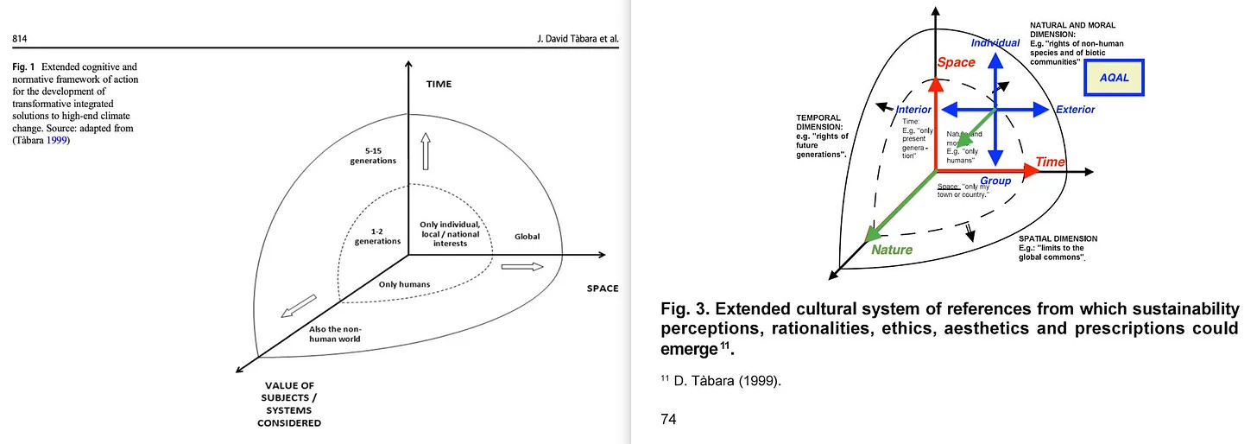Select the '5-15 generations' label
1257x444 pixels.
click(x=373, y=155)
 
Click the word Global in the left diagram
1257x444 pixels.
click(x=527, y=235)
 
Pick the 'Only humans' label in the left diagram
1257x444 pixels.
click(x=405, y=283)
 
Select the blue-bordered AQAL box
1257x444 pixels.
click(x=1113, y=78)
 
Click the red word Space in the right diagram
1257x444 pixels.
click(x=956, y=62)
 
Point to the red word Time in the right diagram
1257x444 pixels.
click(x=1050, y=162)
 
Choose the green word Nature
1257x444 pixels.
click(x=892, y=250)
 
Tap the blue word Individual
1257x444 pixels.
click(x=995, y=42)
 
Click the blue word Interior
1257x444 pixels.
click(x=913, y=110)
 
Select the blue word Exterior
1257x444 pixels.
click(x=1075, y=110)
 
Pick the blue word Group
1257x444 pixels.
click(x=995, y=181)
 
